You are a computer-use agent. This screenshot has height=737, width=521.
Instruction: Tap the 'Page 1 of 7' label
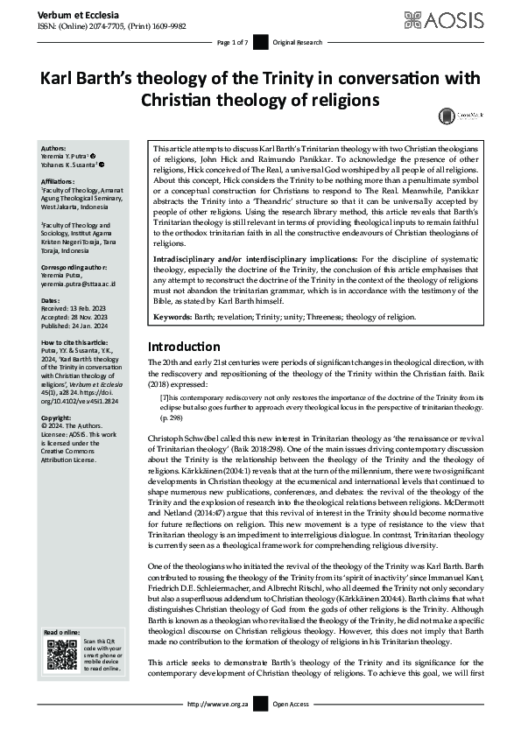(232, 43)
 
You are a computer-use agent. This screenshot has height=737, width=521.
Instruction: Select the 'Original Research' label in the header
(296, 43)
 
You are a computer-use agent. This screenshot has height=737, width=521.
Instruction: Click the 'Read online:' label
(60, 633)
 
